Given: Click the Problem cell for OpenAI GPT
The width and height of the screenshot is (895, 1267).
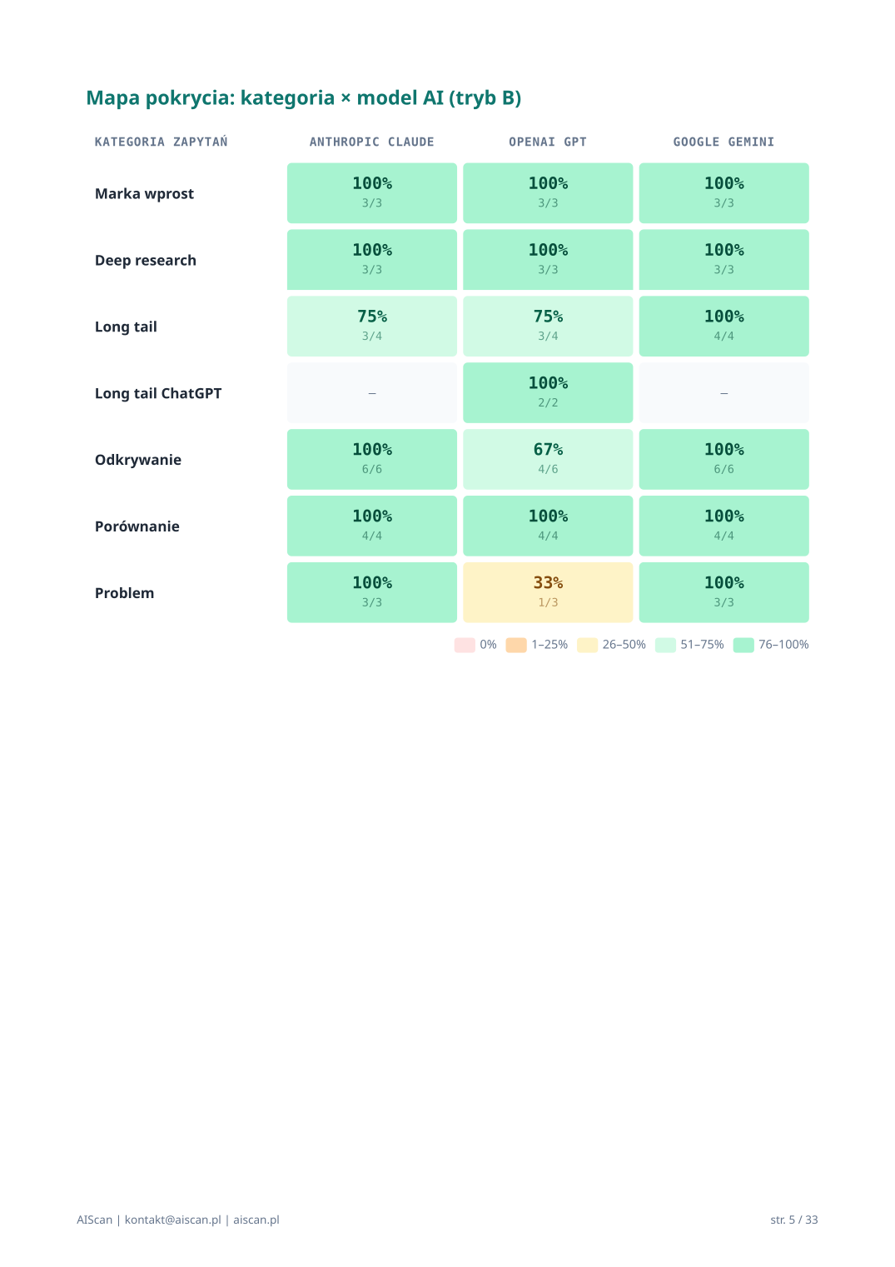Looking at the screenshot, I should click(548, 592).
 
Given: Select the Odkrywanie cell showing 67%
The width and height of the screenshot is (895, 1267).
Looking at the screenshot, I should click(548, 459).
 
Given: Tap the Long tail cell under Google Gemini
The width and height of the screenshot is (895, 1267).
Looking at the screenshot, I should click(723, 326).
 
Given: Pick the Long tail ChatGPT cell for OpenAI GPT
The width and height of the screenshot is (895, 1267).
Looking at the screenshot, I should click(548, 392).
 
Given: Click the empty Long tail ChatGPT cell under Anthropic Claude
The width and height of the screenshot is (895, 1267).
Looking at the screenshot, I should click(371, 392).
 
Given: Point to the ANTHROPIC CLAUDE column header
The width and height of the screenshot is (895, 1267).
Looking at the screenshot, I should click(371, 142).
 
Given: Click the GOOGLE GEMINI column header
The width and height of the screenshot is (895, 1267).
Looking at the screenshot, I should click(723, 142).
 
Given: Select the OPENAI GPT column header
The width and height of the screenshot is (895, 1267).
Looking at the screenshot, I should click(548, 142).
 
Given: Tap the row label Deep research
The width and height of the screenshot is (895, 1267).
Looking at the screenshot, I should click(146, 260).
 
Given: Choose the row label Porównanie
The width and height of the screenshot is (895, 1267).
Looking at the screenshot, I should click(137, 526).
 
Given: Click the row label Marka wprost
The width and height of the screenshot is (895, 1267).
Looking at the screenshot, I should click(144, 193).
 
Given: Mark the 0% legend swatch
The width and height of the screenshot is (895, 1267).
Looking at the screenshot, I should click(465, 645).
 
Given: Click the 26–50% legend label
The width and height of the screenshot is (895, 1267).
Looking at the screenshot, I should click(624, 645).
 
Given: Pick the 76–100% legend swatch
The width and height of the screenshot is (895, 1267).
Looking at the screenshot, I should click(743, 645).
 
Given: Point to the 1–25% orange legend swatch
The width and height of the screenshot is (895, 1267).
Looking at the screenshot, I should click(516, 645).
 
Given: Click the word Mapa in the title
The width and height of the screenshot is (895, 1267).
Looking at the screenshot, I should click(113, 98).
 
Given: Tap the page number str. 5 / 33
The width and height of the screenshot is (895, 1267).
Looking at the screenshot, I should click(793, 1220).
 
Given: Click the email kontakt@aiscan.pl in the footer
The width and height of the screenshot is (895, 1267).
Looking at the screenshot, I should click(172, 1220).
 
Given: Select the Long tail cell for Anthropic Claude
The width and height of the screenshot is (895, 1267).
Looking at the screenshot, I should click(371, 326).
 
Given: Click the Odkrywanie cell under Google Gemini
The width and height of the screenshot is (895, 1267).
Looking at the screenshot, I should click(723, 459).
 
